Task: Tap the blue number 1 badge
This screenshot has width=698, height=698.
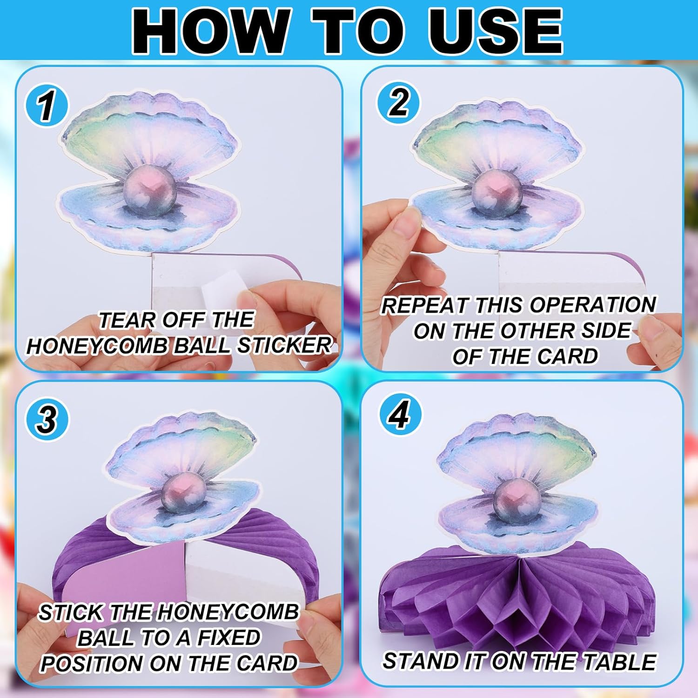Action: point(47,106)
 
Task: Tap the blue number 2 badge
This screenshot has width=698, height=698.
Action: point(398,102)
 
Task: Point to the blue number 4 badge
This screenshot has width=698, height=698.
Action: point(400,415)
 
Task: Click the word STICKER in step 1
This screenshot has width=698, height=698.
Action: point(284,345)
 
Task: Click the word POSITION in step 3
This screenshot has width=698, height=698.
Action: point(92,663)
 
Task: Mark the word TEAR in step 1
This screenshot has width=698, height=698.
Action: point(122,320)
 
